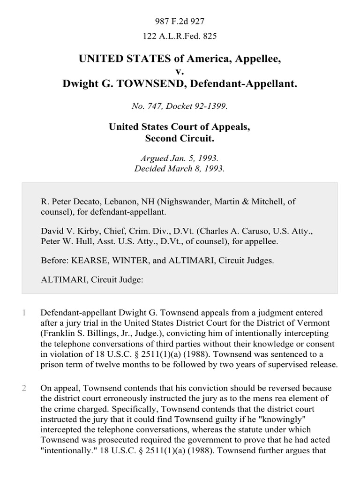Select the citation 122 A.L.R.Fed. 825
coord(180,35)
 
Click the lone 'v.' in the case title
coord(180,72)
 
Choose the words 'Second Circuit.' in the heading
coord(180,138)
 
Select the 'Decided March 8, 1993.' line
coord(180,169)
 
